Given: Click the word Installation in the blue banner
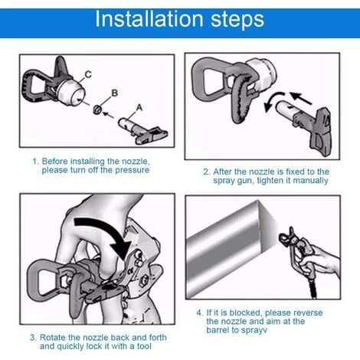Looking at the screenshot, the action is click(149, 19).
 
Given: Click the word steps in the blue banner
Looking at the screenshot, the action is click(237, 21).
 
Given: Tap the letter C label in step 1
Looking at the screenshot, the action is click(88, 74).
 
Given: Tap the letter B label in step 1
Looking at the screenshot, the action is click(115, 93).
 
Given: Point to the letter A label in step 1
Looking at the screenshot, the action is click(139, 107).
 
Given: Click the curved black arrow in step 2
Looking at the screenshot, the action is click(273, 100).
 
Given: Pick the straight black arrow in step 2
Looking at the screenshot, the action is click(301, 98).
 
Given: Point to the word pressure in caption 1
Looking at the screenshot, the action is click(132, 170).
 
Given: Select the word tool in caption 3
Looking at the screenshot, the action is click(144, 346).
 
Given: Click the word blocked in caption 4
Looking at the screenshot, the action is click(245, 313).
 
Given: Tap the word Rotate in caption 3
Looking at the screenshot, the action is click(52, 338).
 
